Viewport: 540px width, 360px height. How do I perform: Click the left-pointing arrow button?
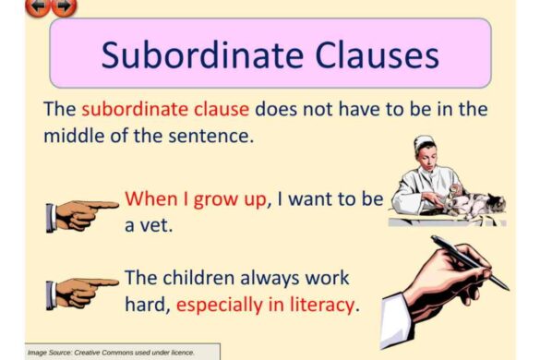(x=38, y=6)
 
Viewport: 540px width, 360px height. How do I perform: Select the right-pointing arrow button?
(x=63, y=6)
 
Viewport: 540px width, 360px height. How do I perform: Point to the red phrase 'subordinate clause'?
(x=165, y=108)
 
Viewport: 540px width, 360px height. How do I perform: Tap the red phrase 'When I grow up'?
(x=195, y=198)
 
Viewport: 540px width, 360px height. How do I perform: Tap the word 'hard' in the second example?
(x=146, y=304)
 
